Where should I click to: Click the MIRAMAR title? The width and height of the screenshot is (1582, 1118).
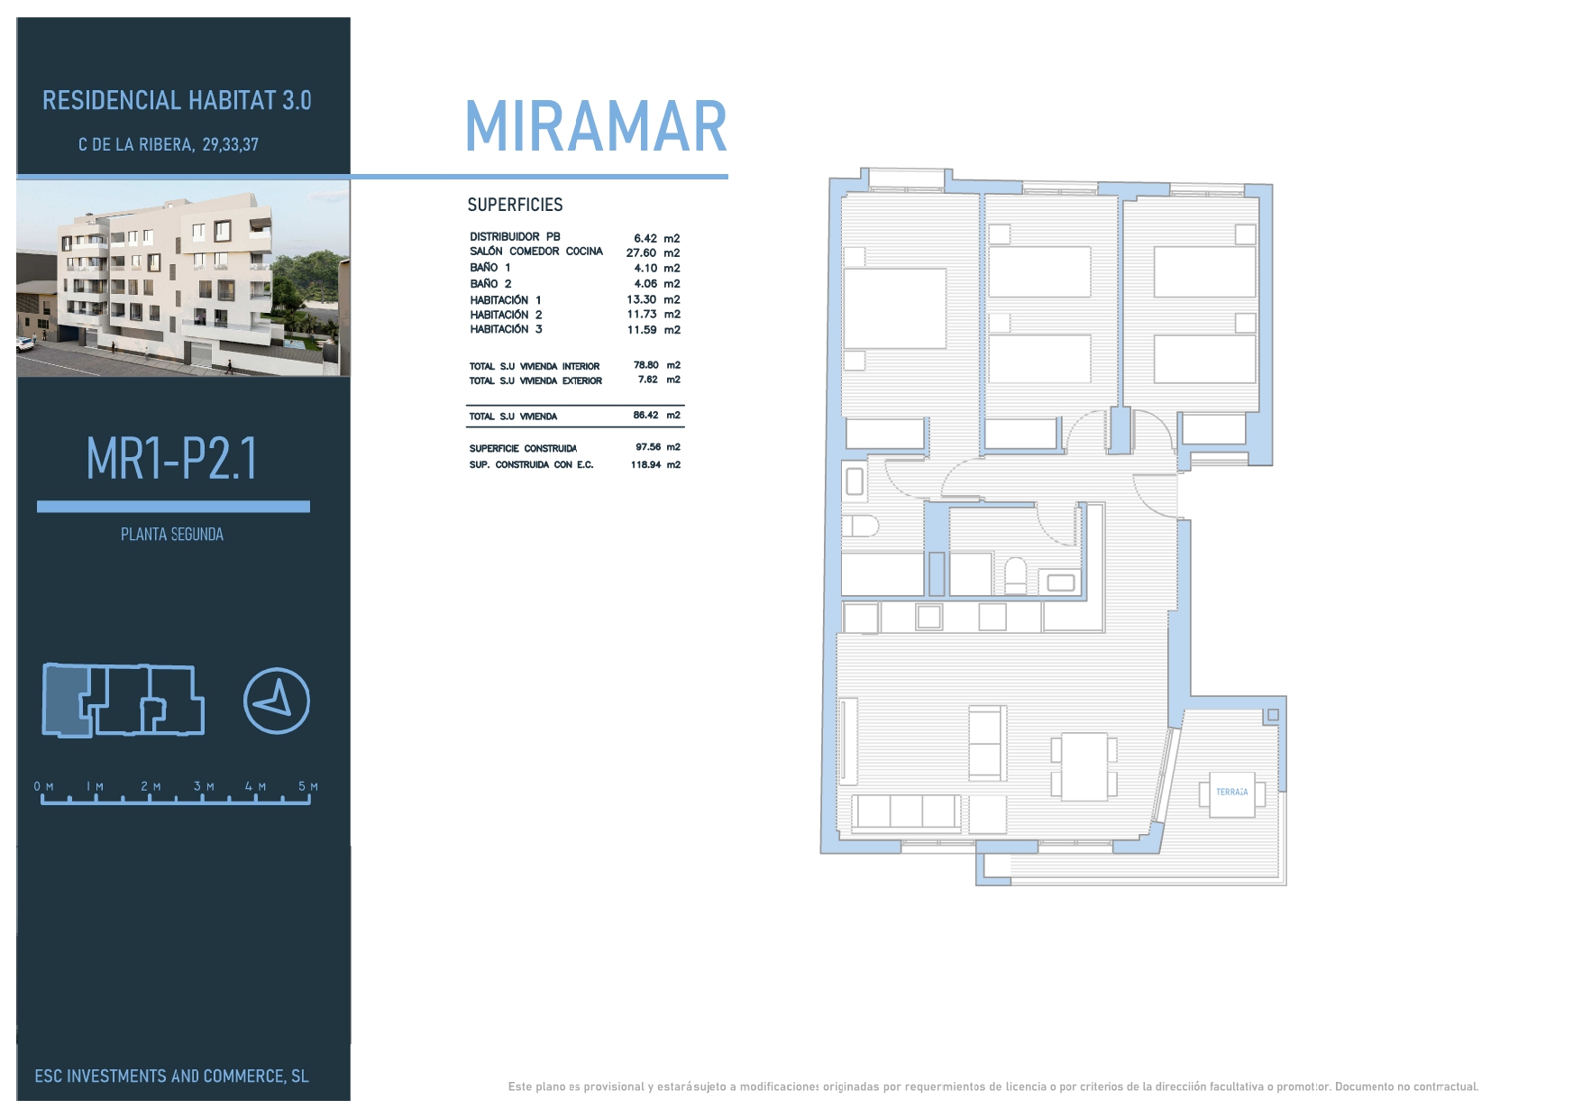tap(596, 126)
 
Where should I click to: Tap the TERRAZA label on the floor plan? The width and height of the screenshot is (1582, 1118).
tap(1232, 792)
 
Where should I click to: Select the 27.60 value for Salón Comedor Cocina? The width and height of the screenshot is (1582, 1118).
tap(641, 253)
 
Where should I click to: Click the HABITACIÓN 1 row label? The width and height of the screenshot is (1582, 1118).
tap(506, 300)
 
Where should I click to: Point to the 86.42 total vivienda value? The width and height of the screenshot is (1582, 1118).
tap(645, 416)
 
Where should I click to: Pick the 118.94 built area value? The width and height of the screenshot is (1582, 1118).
tap(645, 465)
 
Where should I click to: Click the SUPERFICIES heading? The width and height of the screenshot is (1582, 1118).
tap(515, 205)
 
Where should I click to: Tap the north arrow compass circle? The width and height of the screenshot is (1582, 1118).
tap(277, 701)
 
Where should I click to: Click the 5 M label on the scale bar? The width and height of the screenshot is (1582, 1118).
tap(308, 787)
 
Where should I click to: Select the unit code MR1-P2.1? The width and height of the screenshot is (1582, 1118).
tap(172, 458)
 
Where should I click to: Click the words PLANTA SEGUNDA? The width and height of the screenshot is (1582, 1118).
tap(172, 535)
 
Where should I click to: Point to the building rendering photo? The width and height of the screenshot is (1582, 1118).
tap(183, 278)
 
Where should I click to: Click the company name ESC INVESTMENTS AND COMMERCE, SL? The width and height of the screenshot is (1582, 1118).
tap(171, 1076)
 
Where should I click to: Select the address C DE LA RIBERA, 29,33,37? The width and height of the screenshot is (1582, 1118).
tap(169, 144)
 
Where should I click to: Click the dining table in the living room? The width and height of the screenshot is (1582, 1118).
tap(1084, 766)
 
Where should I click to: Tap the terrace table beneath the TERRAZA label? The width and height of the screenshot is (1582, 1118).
tap(1231, 794)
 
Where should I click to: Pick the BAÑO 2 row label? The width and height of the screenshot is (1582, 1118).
tap(490, 284)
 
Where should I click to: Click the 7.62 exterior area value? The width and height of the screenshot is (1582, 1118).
tap(647, 380)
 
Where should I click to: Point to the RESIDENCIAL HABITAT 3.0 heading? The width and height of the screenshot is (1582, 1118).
tap(177, 100)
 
